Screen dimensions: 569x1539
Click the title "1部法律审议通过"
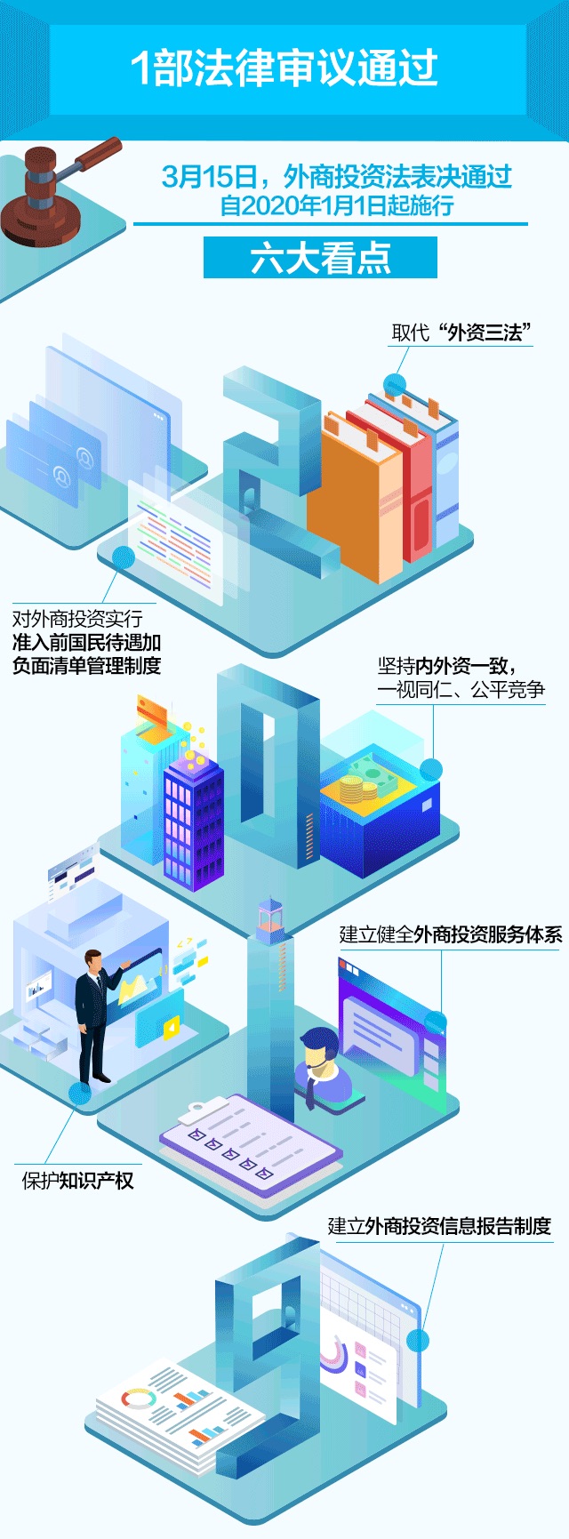[x=284, y=68]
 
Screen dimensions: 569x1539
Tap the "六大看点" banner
[x=320, y=258]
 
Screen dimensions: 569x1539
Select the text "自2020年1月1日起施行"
[x=337, y=206]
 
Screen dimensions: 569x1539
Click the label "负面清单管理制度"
[x=86, y=666]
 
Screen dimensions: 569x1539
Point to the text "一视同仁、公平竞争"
[x=461, y=690]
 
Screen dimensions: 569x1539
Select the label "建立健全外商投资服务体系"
[x=450, y=934]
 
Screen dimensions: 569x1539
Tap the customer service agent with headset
[x=317, y=1063]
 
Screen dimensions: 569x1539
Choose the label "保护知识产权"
[x=77, y=1181]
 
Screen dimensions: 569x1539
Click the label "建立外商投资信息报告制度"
[x=439, y=1226]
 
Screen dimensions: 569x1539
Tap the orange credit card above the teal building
[x=152, y=712]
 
